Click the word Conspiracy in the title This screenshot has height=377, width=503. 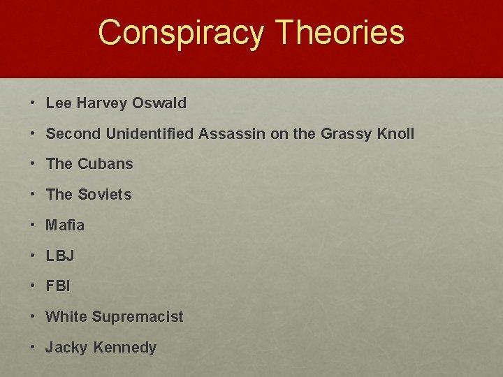coord(181,32)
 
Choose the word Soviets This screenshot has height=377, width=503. coord(104,195)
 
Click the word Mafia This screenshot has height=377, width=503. coord(65,226)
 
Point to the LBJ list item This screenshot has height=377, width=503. coord(59,256)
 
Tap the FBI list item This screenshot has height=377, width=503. coord(58,286)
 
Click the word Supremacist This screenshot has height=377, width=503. coord(137,317)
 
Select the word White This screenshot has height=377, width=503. coord(66,317)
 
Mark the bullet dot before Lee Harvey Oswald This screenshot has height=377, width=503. coord(33,103)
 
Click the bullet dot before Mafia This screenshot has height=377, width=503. coord(33,226)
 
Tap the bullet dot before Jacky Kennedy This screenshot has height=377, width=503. coord(33,348)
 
